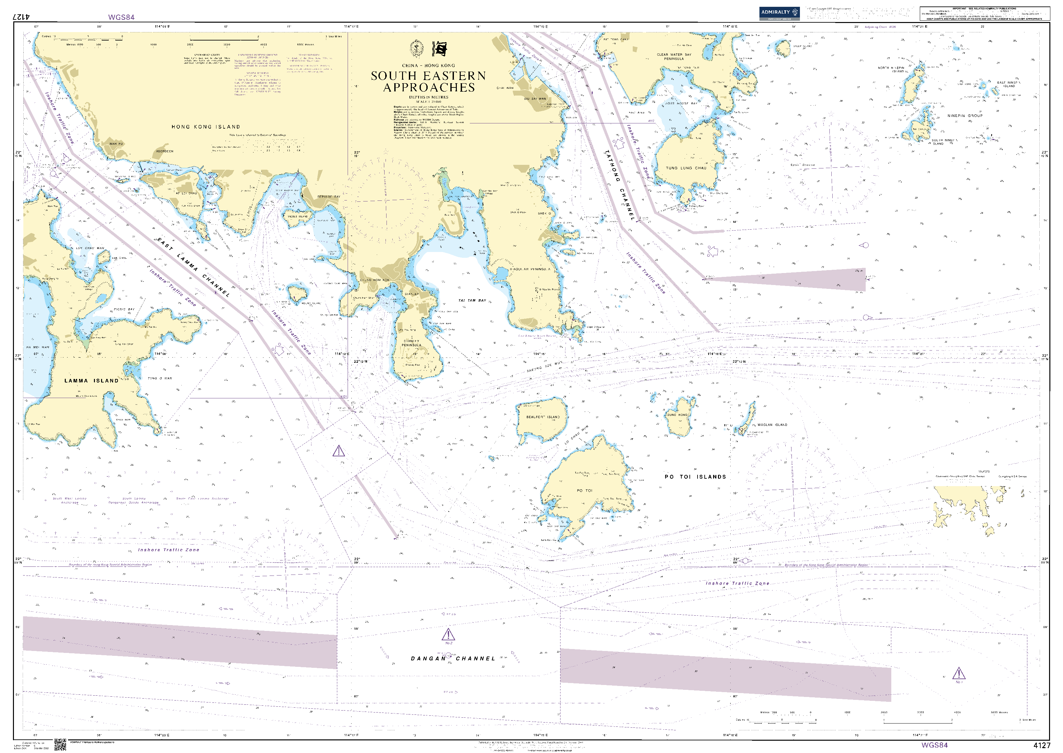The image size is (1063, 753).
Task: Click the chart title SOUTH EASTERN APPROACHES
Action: coord(428,82)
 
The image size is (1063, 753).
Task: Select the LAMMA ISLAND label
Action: coord(91,381)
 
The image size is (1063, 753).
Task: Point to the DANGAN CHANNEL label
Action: coord(453,658)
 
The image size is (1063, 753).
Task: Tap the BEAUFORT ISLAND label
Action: coord(543,417)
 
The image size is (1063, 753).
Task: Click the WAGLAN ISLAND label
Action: coord(772,425)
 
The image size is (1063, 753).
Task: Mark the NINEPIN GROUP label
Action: coord(965,115)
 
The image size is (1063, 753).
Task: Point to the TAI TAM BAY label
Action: coord(472,301)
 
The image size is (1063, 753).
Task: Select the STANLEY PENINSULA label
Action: coord(411,343)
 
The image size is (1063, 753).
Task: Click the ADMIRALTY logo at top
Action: coord(779,13)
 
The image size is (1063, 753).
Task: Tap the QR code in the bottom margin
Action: coord(60,745)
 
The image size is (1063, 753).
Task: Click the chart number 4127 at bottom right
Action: coord(1042,745)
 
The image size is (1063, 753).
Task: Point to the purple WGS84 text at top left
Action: coord(121,17)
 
